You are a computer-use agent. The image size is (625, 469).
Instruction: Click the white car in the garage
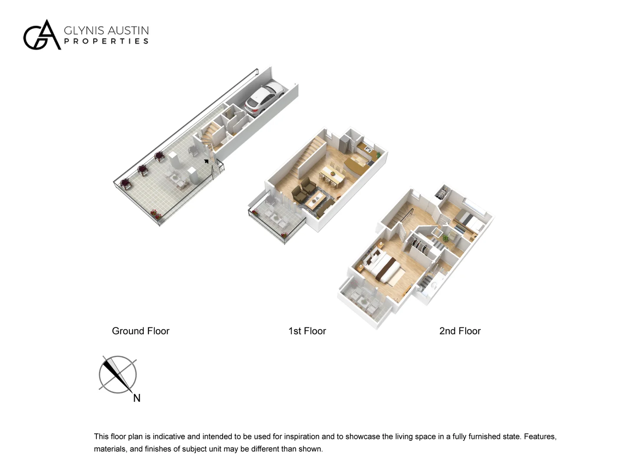264,98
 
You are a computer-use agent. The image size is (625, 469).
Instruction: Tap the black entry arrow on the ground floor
206,162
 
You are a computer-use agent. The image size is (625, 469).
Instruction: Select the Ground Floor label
141,331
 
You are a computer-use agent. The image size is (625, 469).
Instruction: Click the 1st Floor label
307,331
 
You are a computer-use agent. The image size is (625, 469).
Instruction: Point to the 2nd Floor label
460,331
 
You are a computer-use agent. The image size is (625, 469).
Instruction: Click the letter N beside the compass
137,398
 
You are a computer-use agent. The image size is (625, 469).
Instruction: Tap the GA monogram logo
42,35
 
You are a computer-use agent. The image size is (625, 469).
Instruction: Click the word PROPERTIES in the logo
106,41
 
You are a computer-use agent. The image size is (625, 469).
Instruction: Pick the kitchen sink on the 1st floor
368,148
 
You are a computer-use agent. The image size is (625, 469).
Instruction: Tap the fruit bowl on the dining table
332,173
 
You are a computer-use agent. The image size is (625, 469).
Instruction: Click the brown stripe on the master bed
388,270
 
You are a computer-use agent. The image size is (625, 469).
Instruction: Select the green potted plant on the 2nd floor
444,238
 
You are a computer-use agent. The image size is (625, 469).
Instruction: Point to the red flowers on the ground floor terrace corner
155,214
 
